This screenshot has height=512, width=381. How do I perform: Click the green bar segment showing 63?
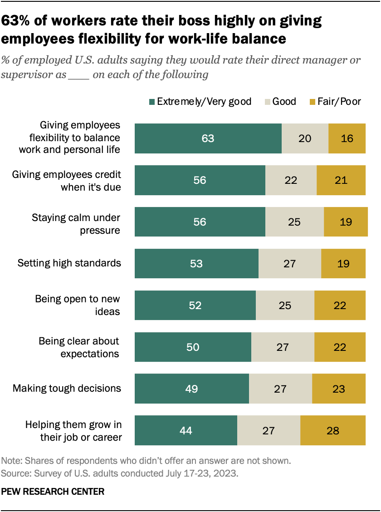coord(208,138)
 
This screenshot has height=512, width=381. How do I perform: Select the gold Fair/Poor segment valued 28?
coord(332,430)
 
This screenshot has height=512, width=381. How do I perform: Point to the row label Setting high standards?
coord(69,263)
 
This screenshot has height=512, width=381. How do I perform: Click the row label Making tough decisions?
coord(67,388)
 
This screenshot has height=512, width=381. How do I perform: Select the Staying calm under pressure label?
coord(76,224)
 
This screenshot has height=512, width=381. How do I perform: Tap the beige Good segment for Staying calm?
coord(294,222)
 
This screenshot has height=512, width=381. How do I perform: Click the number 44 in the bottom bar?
coord(186,430)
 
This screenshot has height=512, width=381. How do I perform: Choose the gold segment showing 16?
coord(347,138)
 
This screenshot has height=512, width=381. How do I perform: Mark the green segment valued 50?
coord(193,347)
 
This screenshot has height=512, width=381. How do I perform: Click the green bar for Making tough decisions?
coord(191,389)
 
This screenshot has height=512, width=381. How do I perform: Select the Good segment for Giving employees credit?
coord(291,180)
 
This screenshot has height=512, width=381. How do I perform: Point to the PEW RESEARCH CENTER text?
coord(53,491)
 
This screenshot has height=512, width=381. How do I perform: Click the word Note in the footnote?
coord(11,461)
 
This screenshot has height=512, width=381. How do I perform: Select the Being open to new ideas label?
coord(78,305)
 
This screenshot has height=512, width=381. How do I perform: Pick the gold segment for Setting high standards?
coord(343,263)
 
